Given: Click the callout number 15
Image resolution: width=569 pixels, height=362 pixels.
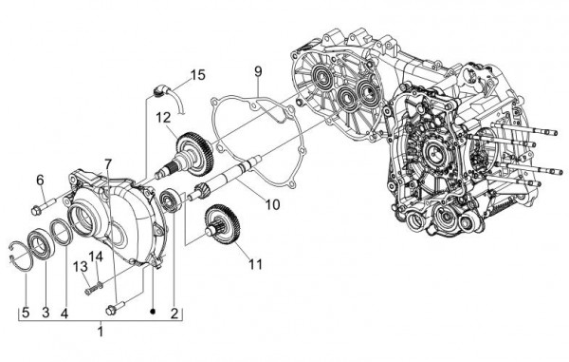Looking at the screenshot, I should tap(196, 74).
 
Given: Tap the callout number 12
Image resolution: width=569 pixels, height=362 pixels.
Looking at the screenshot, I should tap(163, 117).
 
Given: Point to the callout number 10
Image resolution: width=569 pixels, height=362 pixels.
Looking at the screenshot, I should tap(245, 203).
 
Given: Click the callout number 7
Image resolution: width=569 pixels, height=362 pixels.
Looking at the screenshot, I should tap(108, 162).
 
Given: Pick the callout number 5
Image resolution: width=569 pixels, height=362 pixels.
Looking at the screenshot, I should tap(25, 312).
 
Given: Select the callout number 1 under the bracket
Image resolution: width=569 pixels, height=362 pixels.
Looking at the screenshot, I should tap(102, 332).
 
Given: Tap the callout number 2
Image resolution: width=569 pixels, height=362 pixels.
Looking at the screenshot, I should tap(174, 312).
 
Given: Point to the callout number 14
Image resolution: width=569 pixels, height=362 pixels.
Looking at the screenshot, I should tap(96, 257).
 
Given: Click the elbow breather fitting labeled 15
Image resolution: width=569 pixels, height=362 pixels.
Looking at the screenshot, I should tap(162, 90).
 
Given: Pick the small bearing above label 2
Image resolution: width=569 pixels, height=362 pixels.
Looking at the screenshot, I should tap(170, 200).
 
